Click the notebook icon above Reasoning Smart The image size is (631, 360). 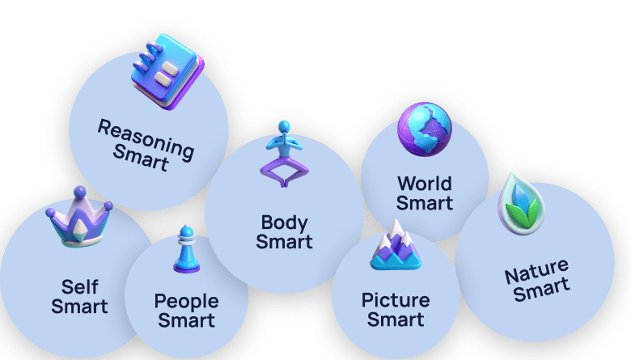tap(167, 70)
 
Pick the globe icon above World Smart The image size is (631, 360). tap(424, 129)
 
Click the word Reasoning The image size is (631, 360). tap(146, 138)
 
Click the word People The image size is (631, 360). tap(186, 302)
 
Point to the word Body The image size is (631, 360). tap(282, 221)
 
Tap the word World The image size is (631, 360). tap(424, 183)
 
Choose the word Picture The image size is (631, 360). tap(396, 300)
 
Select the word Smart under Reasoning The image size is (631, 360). tap(140, 157)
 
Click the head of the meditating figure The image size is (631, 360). tap(283, 127)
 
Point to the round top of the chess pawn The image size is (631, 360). tap(186, 231)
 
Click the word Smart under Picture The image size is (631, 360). tap(396, 320)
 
